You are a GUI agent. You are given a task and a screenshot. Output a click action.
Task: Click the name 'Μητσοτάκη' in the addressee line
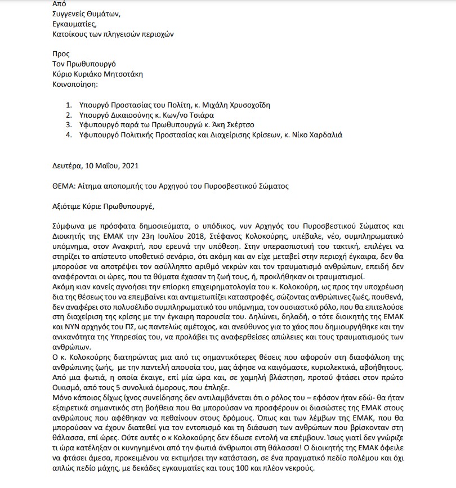[123, 74]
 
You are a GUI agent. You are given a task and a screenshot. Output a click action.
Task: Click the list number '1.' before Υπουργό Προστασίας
[69, 105]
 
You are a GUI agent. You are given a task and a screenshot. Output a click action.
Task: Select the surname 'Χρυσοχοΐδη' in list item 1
[245, 105]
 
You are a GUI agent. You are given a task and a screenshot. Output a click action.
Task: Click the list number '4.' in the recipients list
[69, 135]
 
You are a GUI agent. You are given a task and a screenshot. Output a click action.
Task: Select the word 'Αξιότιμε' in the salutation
[66, 205]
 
